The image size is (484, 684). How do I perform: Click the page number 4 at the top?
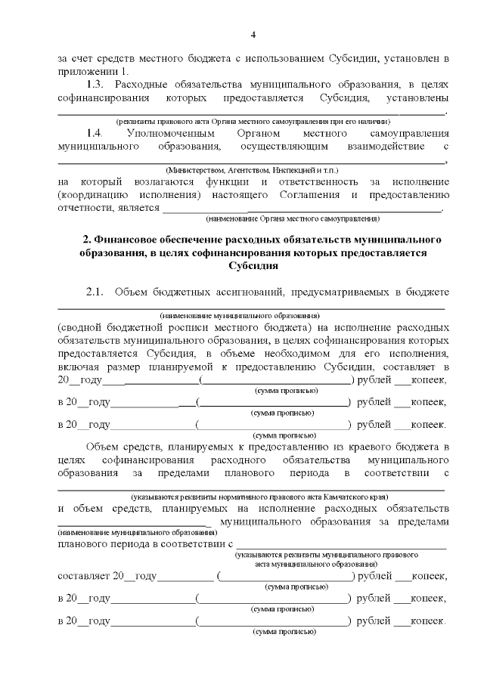254,35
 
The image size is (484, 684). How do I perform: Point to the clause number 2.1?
96,292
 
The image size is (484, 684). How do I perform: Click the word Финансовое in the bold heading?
132,240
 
